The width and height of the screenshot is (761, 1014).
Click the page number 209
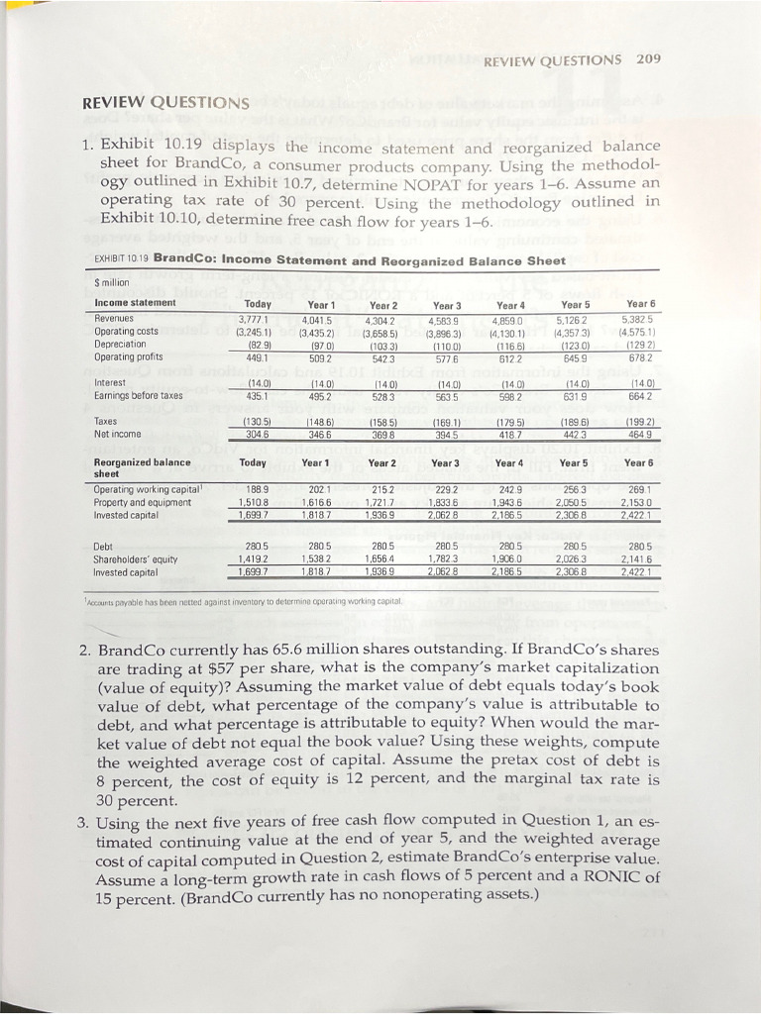click(648, 58)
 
